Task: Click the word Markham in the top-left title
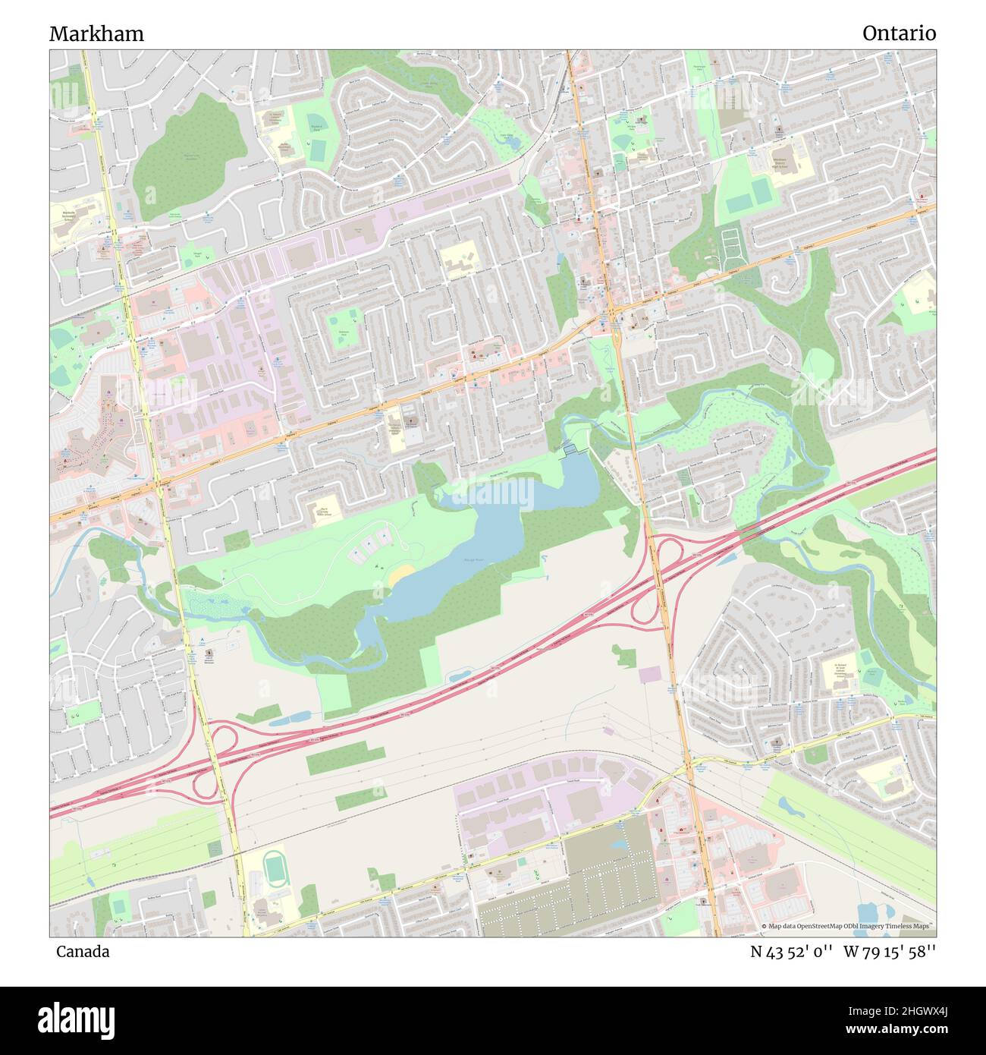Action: (96, 33)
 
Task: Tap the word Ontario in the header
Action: (898, 33)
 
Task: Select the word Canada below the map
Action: (82, 951)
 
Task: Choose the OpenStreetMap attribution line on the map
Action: (848, 926)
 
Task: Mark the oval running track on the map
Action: (272, 866)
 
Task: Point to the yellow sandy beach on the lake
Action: (400, 575)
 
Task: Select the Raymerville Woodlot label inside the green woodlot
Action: (179, 156)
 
